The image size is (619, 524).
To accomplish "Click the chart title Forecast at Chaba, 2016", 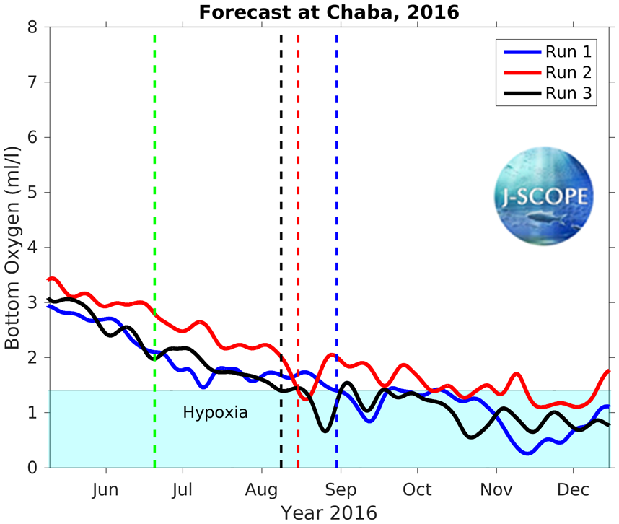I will click(329, 12).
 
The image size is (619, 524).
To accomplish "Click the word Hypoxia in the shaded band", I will click(215, 414).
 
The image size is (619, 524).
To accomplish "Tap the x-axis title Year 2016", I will click(329, 513).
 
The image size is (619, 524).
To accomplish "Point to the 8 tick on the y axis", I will click(35, 27).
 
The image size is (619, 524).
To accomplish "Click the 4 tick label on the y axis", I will click(35, 248).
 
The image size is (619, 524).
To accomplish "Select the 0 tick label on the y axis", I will click(35, 468).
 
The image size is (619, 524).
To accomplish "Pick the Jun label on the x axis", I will click(106, 490).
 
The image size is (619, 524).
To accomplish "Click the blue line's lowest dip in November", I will click(527, 453).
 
